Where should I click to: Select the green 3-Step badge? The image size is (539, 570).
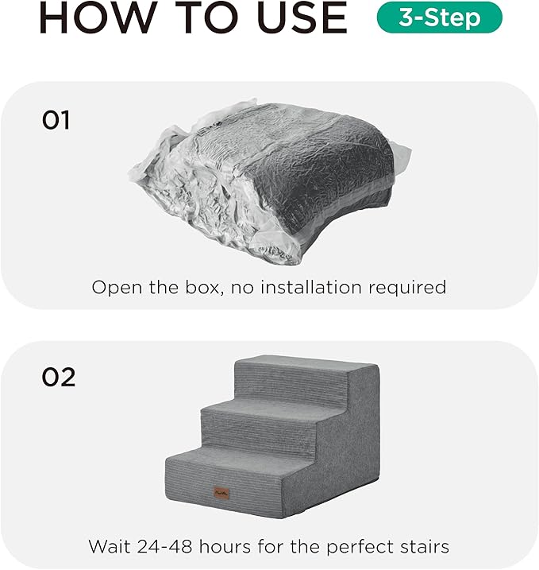click(x=439, y=17)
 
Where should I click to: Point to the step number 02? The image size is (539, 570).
click(x=59, y=376)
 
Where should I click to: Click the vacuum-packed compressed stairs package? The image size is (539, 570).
click(x=266, y=178)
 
